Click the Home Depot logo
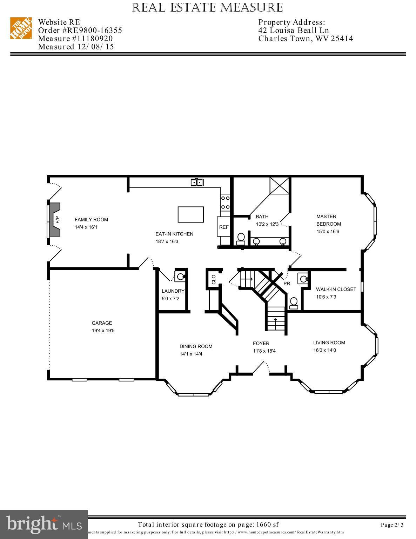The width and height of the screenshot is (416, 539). click(21, 28)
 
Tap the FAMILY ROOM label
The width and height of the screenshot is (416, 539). click(91, 220)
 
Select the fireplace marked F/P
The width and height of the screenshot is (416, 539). click(55, 220)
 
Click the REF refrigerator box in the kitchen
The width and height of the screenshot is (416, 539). click(224, 227)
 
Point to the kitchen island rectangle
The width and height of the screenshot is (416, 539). click(190, 214)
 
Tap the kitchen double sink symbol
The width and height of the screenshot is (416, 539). click(197, 182)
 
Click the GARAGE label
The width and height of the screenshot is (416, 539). click(102, 323)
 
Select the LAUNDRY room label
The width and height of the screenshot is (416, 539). click(173, 291)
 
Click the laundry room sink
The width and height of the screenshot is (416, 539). click(180, 277)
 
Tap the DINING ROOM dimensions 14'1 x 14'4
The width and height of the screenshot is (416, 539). click(191, 354)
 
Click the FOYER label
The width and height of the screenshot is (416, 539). click(261, 343)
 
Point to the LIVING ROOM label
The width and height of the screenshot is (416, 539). click(329, 342)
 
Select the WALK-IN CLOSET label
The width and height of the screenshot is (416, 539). click(336, 289)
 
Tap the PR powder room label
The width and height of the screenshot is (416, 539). click(287, 284)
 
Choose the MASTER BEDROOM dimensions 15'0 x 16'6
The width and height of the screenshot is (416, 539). click(328, 231)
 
